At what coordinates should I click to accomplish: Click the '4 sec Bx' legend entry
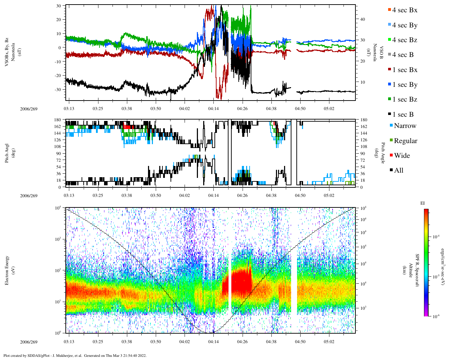(x=404, y=10)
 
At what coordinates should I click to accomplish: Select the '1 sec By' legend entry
(x=404, y=85)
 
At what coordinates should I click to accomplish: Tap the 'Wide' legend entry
(x=401, y=156)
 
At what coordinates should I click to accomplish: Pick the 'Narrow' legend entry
(x=405, y=126)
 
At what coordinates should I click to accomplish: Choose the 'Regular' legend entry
(x=405, y=141)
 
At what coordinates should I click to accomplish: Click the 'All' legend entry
(x=398, y=171)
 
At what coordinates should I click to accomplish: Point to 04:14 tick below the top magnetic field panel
(x=213, y=109)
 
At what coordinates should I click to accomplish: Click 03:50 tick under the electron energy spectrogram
(x=156, y=342)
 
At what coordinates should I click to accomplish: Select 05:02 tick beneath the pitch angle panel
(x=329, y=196)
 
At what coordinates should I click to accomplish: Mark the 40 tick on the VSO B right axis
(x=362, y=19)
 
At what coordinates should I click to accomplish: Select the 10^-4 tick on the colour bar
(x=436, y=237)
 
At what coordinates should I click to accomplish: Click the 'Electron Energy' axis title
(x=7, y=270)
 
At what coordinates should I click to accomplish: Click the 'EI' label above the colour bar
(x=423, y=203)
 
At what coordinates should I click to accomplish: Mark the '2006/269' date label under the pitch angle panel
(x=29, y=196)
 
